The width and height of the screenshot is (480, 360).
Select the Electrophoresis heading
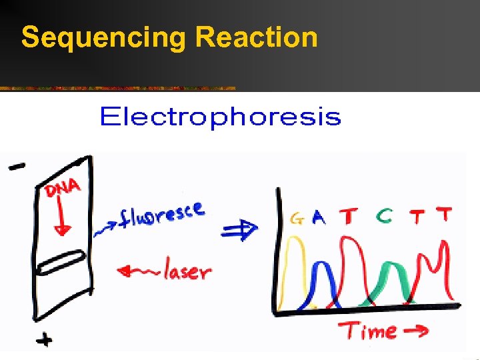(219, 118)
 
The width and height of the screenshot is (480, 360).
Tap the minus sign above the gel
(18, 167)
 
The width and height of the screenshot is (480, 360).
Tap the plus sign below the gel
(44, 340)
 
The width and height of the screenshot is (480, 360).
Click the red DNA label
(63, 189)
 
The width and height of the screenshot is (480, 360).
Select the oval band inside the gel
(60, 263)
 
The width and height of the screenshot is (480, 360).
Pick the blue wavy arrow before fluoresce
(106, 227)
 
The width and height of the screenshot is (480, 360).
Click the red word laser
(187, 271)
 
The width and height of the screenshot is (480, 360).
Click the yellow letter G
(297, 218)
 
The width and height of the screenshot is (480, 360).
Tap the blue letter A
(319, 218)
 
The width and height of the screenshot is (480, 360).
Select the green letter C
(383, 215)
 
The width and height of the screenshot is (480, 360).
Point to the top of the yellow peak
(291, 241)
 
